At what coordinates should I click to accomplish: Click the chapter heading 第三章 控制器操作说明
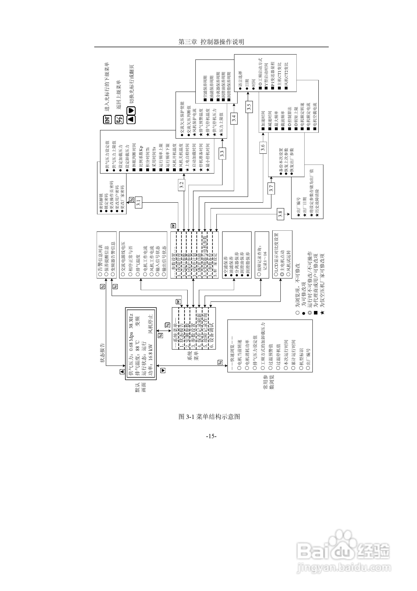[211, 42]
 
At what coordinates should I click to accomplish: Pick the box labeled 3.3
[222, 153]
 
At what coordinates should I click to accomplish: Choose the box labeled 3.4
[234, 118]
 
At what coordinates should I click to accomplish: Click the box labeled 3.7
[271, 188]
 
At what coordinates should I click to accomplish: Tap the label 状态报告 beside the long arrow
[102, 353]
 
